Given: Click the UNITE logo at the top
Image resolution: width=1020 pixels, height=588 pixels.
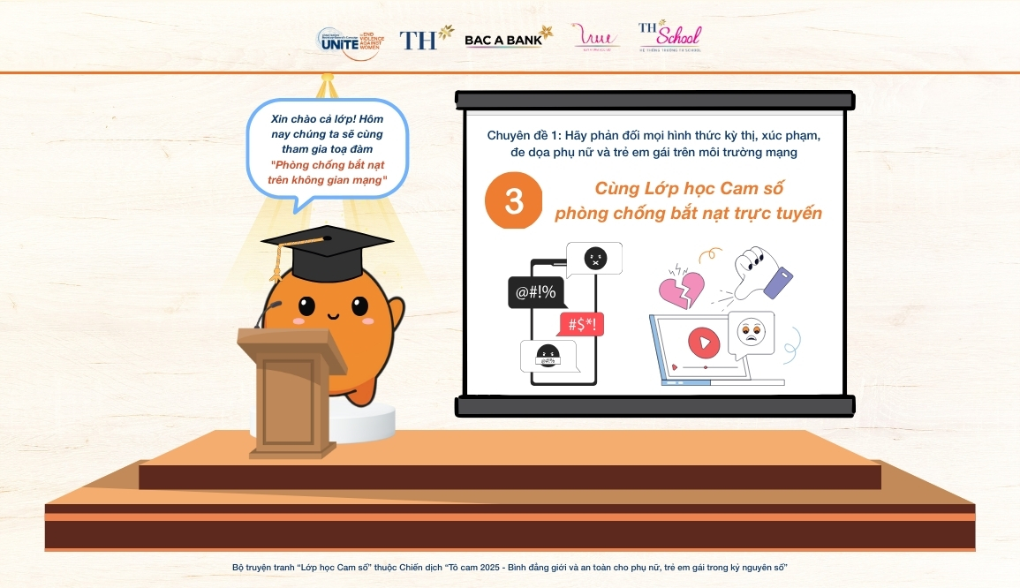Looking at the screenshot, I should click(x=350, y=41).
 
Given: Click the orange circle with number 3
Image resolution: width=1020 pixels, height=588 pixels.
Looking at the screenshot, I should click(x=514, y=201).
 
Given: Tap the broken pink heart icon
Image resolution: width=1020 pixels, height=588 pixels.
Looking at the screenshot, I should click(x=681, y=286).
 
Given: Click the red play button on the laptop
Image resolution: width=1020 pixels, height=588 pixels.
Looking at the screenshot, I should click(x=704, y=340).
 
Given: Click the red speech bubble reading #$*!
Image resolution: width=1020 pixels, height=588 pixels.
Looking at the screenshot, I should click(x=581, y=324).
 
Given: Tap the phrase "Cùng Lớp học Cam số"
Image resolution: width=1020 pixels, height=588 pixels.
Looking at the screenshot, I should click(x=689, y=188).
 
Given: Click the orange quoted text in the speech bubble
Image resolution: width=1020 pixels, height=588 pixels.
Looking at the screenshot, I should click(x=328, y=172).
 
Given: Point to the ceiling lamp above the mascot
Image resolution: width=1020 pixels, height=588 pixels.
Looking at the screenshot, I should click(x=327, y=86).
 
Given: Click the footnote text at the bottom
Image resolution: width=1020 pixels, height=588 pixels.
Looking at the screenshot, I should click(x=510, y=566).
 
